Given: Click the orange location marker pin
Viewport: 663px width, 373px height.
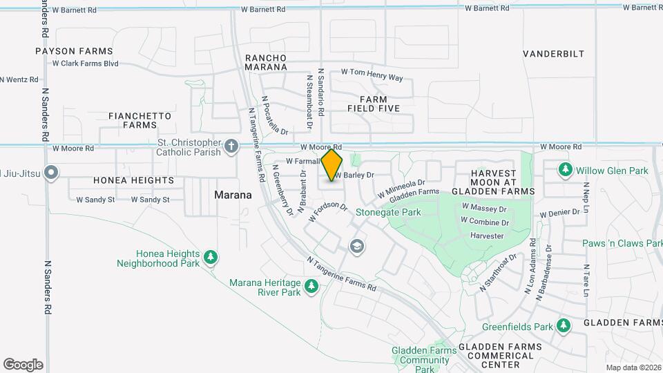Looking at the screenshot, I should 332,165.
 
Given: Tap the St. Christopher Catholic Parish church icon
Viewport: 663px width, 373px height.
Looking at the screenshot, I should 231,146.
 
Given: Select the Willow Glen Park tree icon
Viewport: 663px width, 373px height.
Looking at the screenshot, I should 566,169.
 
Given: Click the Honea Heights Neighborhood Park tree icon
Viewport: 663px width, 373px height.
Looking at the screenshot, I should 211,258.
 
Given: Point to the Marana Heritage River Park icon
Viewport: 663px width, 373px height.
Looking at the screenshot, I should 311,286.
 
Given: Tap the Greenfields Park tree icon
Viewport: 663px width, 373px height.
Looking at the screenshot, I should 564,325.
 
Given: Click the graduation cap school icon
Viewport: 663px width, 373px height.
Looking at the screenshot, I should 357,246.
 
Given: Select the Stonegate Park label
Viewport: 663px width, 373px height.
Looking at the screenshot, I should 388,213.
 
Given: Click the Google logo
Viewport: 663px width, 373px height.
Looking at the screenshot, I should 23,364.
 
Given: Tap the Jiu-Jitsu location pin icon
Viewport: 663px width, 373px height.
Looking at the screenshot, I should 50,173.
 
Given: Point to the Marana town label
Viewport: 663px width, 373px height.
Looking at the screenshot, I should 232,195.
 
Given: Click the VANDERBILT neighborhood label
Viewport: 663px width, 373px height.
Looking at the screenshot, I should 553,54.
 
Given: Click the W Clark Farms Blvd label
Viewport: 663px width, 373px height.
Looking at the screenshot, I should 86,64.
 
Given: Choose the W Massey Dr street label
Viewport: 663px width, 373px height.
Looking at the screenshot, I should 484,207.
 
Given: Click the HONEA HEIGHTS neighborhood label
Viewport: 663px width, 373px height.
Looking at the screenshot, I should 133,180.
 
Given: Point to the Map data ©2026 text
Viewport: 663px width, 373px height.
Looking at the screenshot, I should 633,367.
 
